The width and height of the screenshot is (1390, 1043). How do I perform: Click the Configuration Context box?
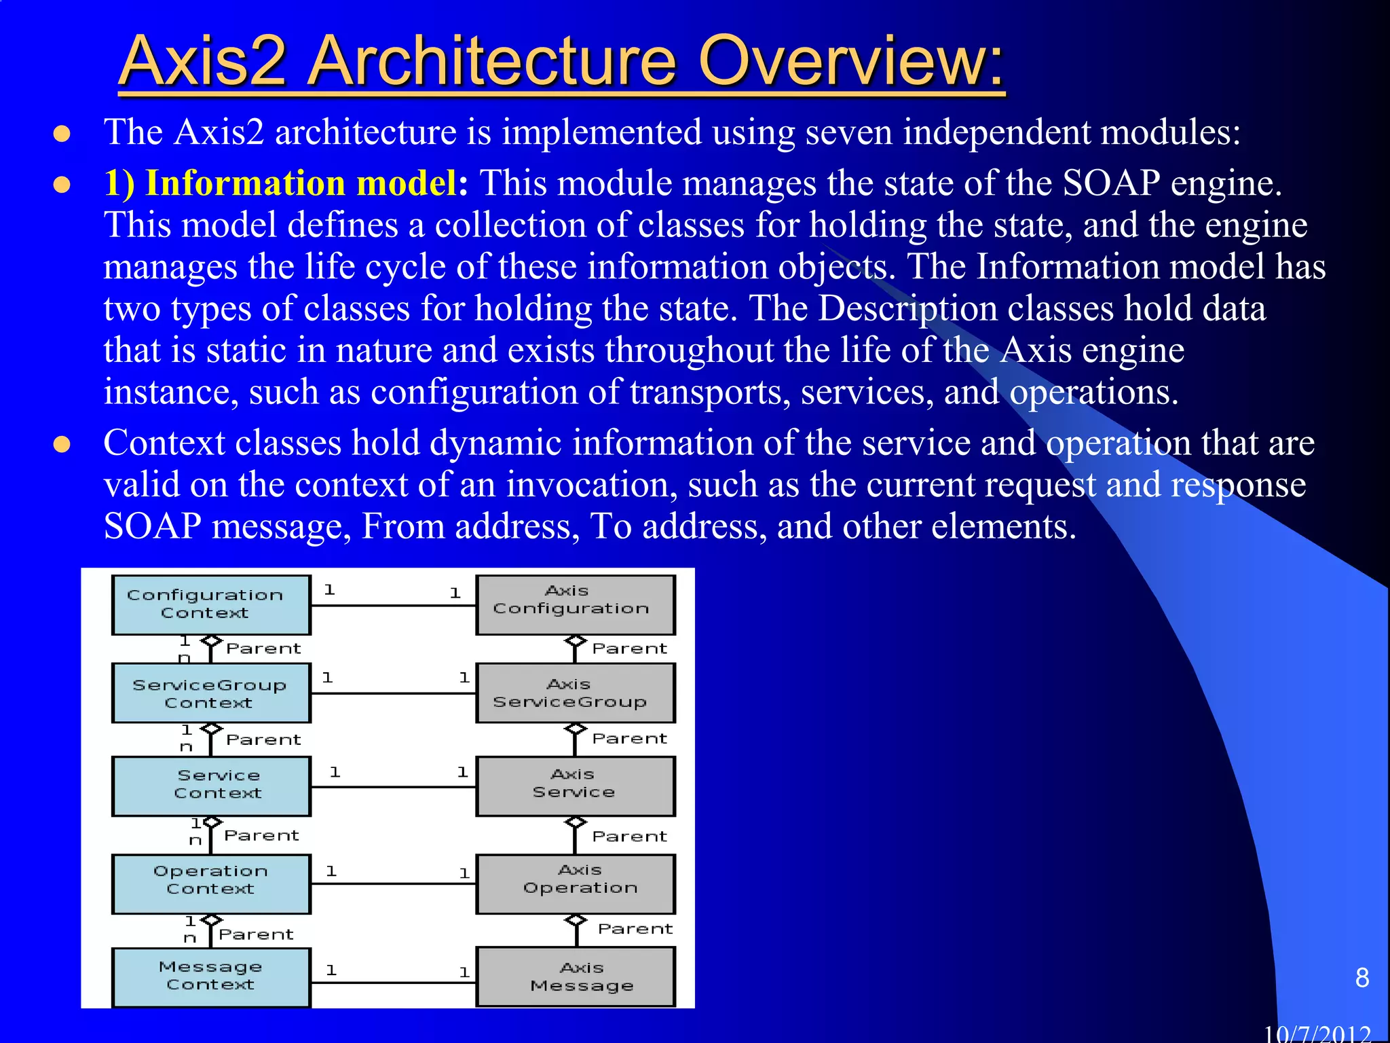pos(211,604)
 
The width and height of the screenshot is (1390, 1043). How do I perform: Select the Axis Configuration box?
pos(576,604)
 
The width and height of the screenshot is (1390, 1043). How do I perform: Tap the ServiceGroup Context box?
pos(211,693)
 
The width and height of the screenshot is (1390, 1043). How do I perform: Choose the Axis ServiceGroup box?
pos(576,693)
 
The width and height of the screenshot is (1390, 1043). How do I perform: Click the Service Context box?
pos(211,786)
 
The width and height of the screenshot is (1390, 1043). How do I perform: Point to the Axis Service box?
pos(576,786)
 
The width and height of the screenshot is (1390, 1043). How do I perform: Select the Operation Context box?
pos(211,883)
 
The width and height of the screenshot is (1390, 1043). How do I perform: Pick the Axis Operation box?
pos(576,883)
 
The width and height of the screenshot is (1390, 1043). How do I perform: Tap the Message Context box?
pos(211,976)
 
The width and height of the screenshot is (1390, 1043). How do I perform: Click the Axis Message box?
pos(576,976)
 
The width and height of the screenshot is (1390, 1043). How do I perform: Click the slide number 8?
pos(1361,978)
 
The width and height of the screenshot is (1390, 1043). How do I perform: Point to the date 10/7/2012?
pos(1317,1033)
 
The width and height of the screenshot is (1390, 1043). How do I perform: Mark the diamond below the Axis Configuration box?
pos(576,641)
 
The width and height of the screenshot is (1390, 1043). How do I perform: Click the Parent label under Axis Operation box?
pos(635,928)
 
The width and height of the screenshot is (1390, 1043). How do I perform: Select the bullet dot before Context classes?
pos(62,444)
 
